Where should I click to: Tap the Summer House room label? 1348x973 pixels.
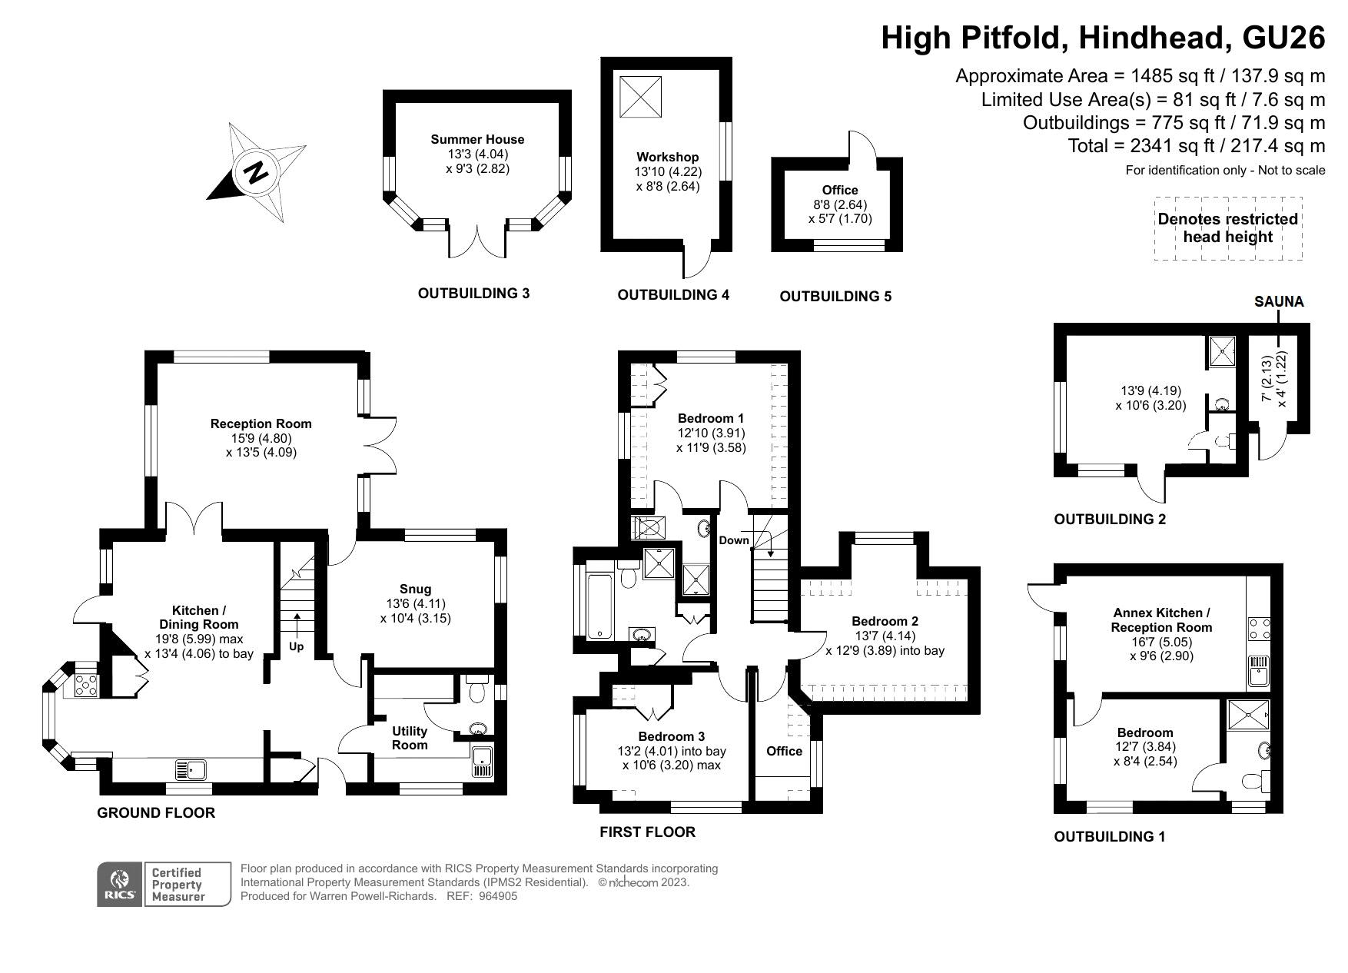(x=477, y=139)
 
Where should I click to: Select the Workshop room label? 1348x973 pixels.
(x=667, y=157)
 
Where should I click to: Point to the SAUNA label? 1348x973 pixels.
(x=1279, y=301)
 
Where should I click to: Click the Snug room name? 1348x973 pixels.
(x=415, y=589)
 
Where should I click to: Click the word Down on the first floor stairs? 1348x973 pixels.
(x=734, y=540)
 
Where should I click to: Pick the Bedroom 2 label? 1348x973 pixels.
(x=885, y=621)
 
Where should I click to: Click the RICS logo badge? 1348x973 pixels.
(x=120, y=884)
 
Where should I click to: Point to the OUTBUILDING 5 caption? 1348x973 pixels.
(x=835, y=296)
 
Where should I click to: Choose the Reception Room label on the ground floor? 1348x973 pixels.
(x=261, y=423)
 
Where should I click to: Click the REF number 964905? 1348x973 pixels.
(x=498, y=896)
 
